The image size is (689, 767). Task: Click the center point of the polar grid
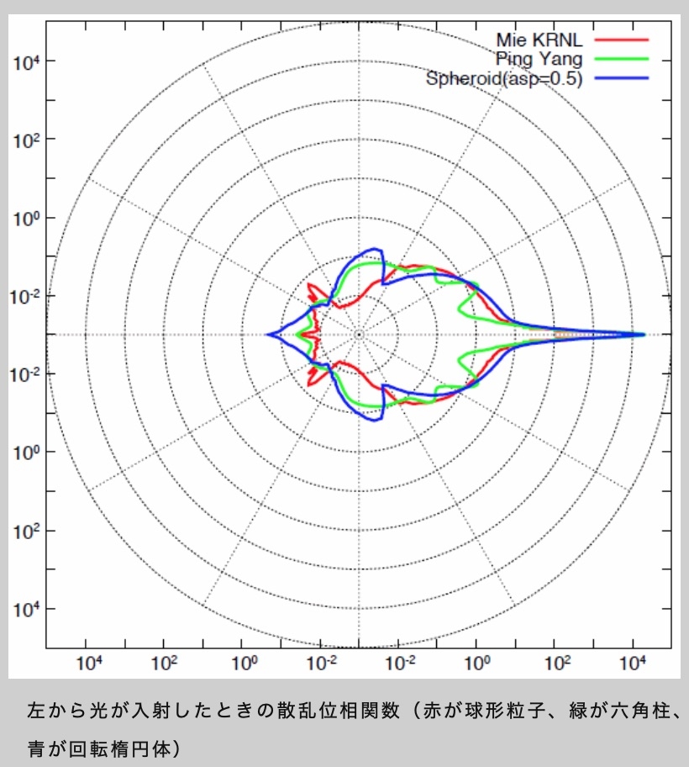click(x=359, y=335)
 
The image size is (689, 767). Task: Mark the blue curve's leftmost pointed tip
click(x=268, y=335)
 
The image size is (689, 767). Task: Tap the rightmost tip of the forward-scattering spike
click(x=644, y=335)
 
